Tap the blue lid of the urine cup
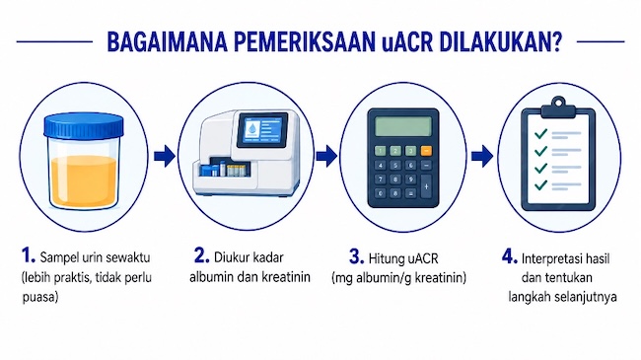84,125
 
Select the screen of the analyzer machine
262,129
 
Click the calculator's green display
402,126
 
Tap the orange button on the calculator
426,151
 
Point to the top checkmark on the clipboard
540,133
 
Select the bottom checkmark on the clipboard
540,184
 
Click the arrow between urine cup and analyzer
165,156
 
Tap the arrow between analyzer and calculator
326,156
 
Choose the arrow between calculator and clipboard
482,156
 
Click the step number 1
29,256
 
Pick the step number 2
201,256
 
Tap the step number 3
356,256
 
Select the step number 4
510,256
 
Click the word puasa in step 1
40,298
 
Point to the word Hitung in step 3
387,258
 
